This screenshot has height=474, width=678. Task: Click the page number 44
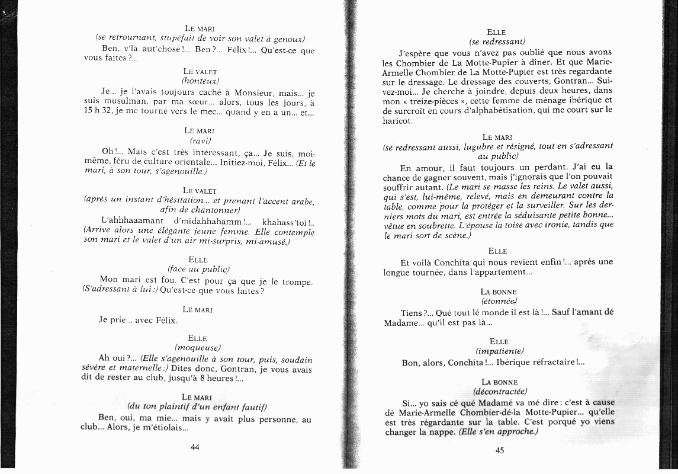point(195,447)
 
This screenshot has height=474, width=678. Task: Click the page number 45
point(499,449)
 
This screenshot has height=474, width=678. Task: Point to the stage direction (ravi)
point(200,140)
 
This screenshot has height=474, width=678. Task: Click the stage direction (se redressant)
point(497,41)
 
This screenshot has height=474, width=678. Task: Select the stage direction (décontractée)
point(500,392)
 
